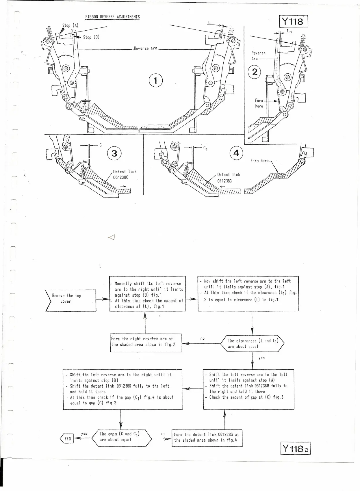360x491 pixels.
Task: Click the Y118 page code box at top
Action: coord(294,21)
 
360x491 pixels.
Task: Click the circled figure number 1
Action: coord(155,81)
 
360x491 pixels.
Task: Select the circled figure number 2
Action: coord(255,72)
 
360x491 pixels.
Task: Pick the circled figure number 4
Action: coord(236,153)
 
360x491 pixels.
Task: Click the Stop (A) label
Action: coord(70,25)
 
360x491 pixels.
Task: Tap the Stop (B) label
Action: coord(91,37)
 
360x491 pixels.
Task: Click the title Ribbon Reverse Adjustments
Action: coord(112,17)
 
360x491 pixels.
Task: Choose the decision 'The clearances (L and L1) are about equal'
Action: coord(252,343)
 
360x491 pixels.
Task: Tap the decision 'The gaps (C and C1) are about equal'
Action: coord(121,437)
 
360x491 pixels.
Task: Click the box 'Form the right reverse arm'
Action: coord(146,342)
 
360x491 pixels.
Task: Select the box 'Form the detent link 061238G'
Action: coord(207,437)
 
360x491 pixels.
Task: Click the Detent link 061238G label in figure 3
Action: coord(125,174)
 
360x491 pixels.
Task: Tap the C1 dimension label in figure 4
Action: coord(205,148)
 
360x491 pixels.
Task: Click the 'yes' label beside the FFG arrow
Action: coord(84,434)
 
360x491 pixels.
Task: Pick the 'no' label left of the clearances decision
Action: coord(202,338)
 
